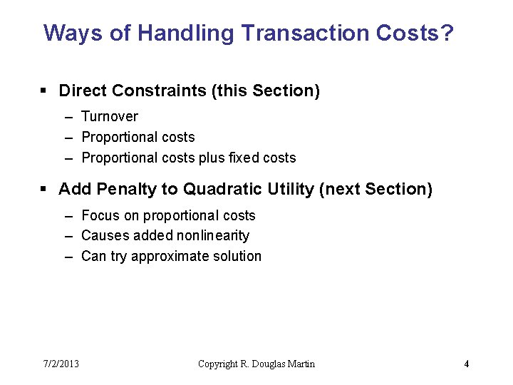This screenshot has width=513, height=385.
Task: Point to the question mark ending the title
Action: tap(447, 33)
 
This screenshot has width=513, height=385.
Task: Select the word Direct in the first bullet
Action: tap(80, 91)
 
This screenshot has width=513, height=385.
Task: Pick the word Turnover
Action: tap(110, 116)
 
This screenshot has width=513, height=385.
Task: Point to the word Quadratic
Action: tap(219, 189)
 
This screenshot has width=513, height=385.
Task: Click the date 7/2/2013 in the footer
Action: tap(61, 364)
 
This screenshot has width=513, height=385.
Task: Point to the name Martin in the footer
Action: tap(299, 364)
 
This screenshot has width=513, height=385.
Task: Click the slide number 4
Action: tap(467, 364)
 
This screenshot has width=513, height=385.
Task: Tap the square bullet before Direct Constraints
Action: tap(43, 91)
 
